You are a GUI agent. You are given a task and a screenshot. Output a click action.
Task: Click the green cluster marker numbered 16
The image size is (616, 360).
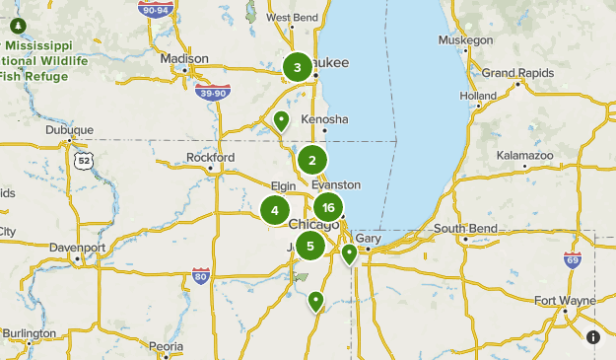click(328, 207)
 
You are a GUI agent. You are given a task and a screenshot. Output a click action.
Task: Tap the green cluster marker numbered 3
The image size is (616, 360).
click(297, 67)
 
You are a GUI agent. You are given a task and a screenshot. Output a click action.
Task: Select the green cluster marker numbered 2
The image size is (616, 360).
click(312, 160)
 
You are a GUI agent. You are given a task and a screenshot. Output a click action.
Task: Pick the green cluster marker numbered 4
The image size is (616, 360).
click(275, 209)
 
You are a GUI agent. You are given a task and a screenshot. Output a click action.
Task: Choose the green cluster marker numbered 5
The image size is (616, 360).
click(310, 247)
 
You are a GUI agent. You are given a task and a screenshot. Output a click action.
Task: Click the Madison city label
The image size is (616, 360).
click(184, 58)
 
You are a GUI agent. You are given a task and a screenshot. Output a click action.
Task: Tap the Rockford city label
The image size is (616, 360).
click(211, 157)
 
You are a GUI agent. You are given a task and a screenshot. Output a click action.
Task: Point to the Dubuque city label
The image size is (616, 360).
click(69, 129)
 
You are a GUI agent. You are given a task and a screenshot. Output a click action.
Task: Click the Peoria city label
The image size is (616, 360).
click(166, 346)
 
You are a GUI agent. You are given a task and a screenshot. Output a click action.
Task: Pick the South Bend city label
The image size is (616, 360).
click(464, 229)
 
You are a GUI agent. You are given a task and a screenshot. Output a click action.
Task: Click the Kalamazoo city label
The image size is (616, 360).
click(526, 156)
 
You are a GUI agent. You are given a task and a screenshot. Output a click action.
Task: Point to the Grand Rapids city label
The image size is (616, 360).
click(513, 73)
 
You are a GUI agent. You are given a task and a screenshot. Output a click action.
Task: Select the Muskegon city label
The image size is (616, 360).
click(466, 40)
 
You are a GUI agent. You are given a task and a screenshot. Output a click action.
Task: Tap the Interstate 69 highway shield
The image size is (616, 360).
click(573, 259)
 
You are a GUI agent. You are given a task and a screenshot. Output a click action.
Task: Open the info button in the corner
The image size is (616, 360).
click(593, 337)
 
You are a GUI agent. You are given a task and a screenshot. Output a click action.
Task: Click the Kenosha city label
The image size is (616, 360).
click(325, 118)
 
